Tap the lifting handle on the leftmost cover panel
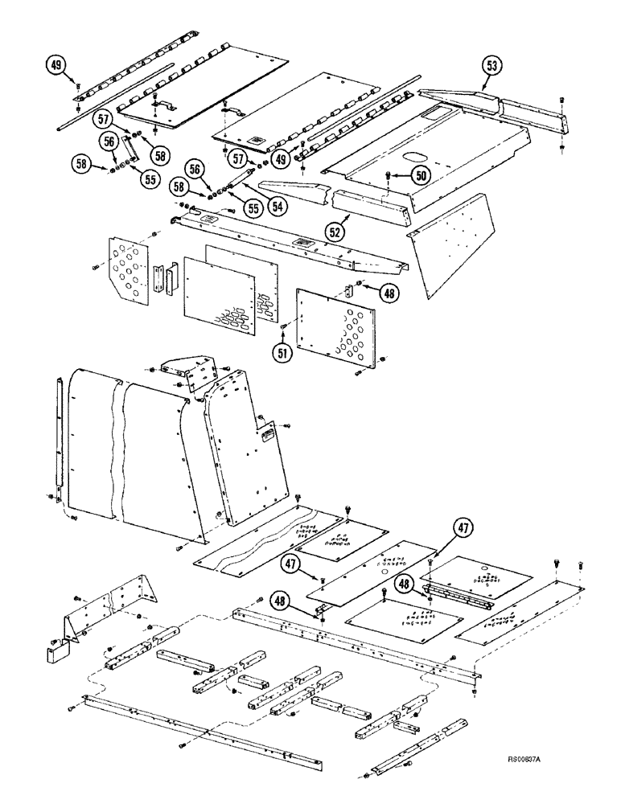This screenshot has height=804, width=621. pos(164,105)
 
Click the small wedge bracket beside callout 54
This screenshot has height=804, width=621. pos(294,192)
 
